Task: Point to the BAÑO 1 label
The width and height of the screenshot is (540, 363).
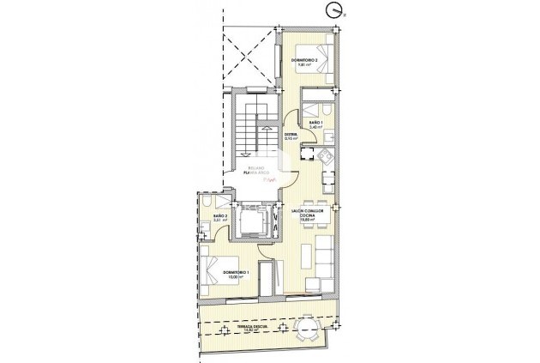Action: point(315,124)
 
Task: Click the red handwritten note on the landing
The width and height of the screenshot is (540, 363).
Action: point(269,182)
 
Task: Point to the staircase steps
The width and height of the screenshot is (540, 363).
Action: point(249,129)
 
